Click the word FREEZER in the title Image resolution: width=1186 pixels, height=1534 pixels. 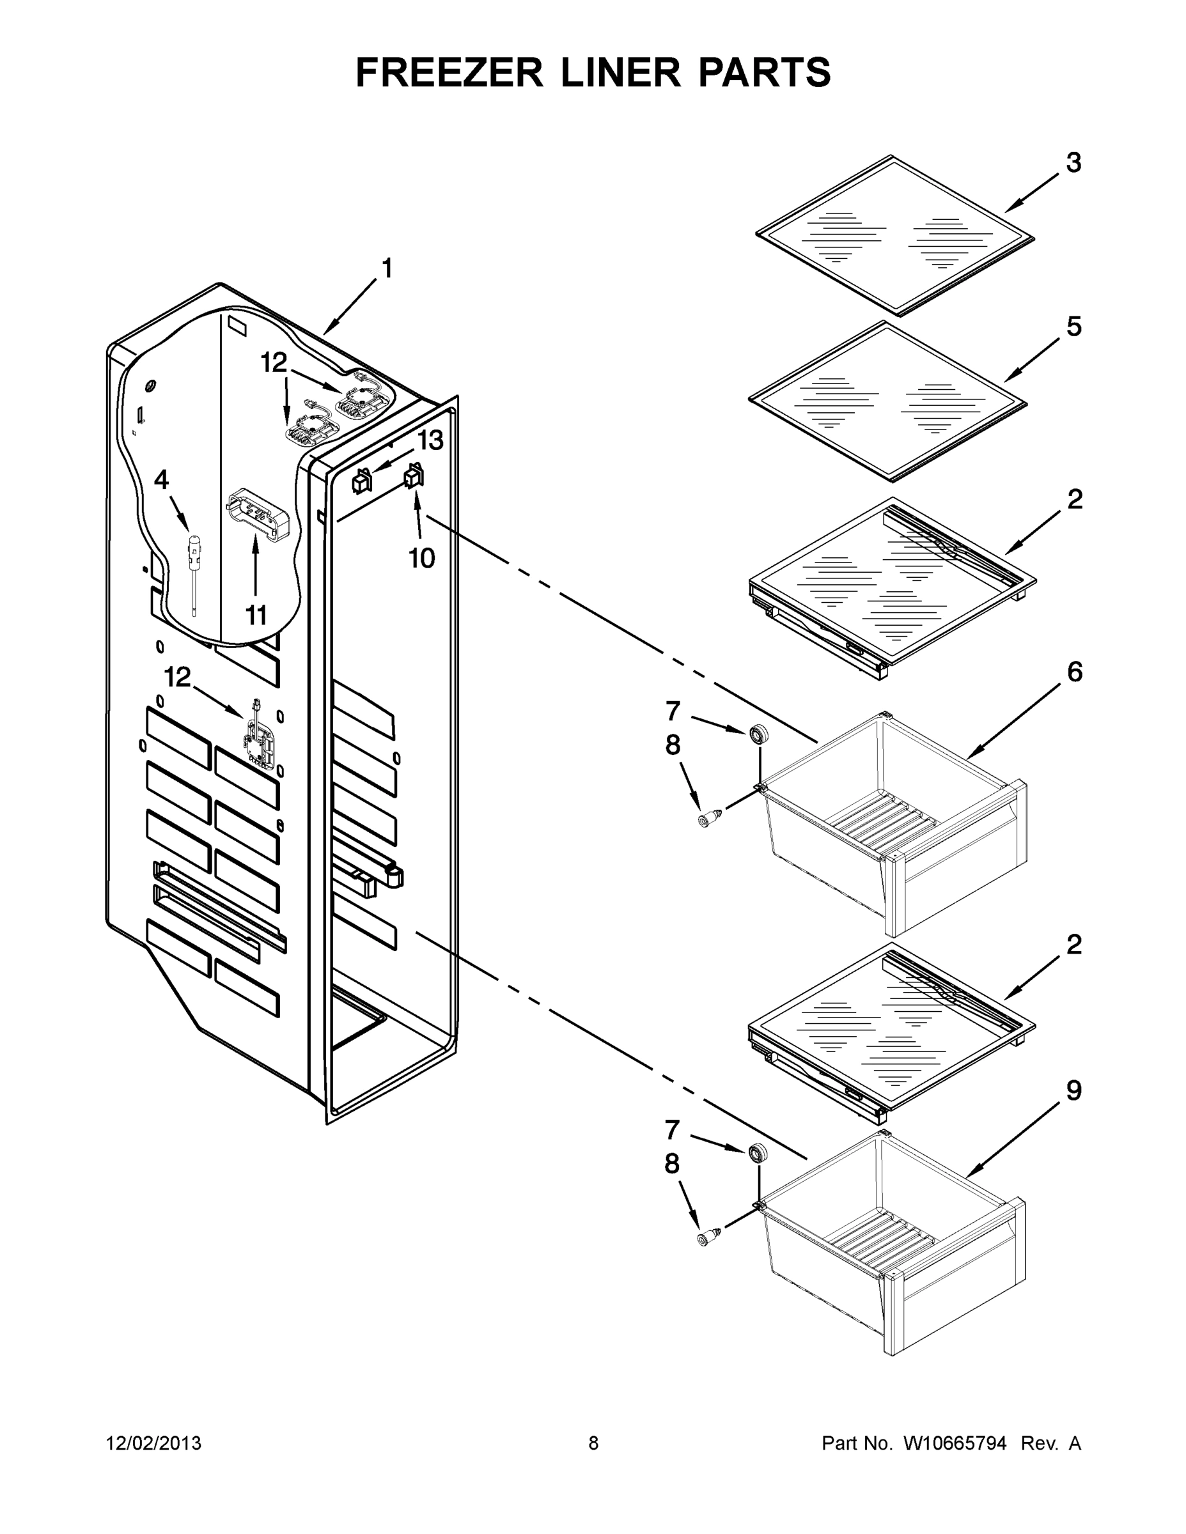tap(449, 73)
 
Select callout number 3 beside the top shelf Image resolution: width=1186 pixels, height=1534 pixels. tap(1073, 163)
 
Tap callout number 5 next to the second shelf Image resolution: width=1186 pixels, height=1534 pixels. tap(1073, 327)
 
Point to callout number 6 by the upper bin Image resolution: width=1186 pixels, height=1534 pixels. tap(1074, 672)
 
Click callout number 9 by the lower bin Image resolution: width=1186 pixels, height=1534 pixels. tap(1073, 1091)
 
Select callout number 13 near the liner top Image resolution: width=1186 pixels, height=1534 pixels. tap(430, 441)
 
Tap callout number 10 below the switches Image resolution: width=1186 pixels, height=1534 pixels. tap(421, 559)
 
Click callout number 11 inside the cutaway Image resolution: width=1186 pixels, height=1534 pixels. tap(256, 616)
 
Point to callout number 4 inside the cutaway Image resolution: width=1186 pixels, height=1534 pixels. tap(161, 481)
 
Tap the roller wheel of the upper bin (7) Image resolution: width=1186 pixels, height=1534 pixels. tap(758, 736)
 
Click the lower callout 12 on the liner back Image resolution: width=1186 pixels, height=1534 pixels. tap(177, 678)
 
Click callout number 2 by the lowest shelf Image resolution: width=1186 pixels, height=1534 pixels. tap(1073, 945)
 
